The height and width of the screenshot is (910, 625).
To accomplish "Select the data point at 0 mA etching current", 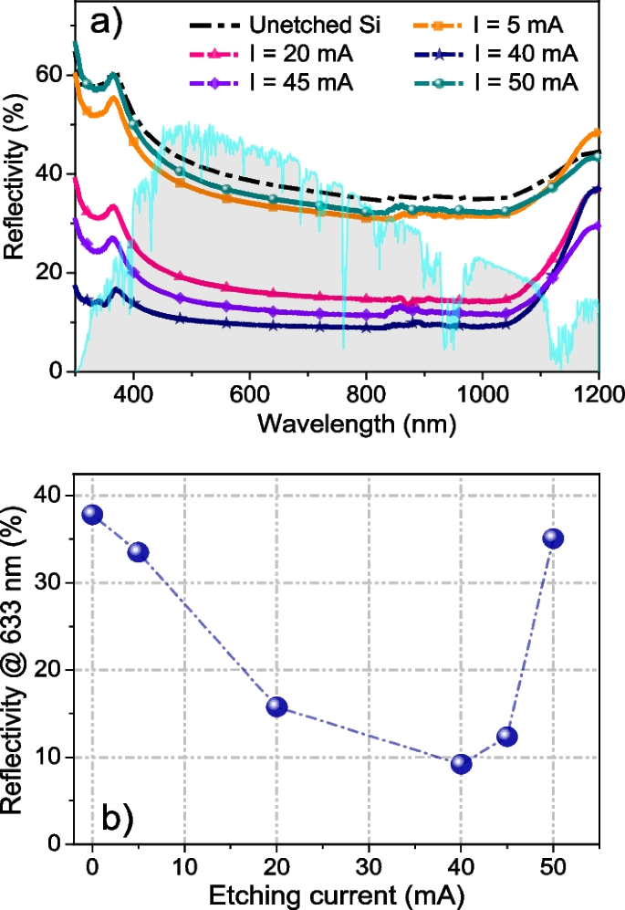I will [x=92, y=515].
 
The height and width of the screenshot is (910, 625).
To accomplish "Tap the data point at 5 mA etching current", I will [x=139, y=552].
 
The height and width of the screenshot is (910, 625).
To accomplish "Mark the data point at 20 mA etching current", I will [x=276, y=706].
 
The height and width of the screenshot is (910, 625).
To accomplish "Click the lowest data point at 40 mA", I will [x=461, y=764].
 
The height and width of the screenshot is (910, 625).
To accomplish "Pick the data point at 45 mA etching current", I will [x=507, y=737].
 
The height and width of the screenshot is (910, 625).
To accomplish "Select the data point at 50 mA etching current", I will [x=553, y=539].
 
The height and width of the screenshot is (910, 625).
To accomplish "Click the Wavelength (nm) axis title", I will [x=344, y=424].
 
